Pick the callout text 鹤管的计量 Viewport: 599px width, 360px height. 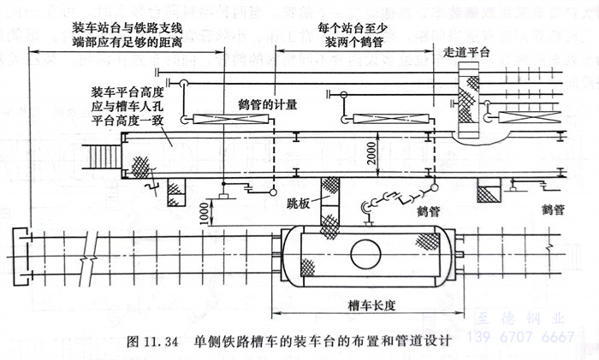pyautogui.click(x=267, y=103)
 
